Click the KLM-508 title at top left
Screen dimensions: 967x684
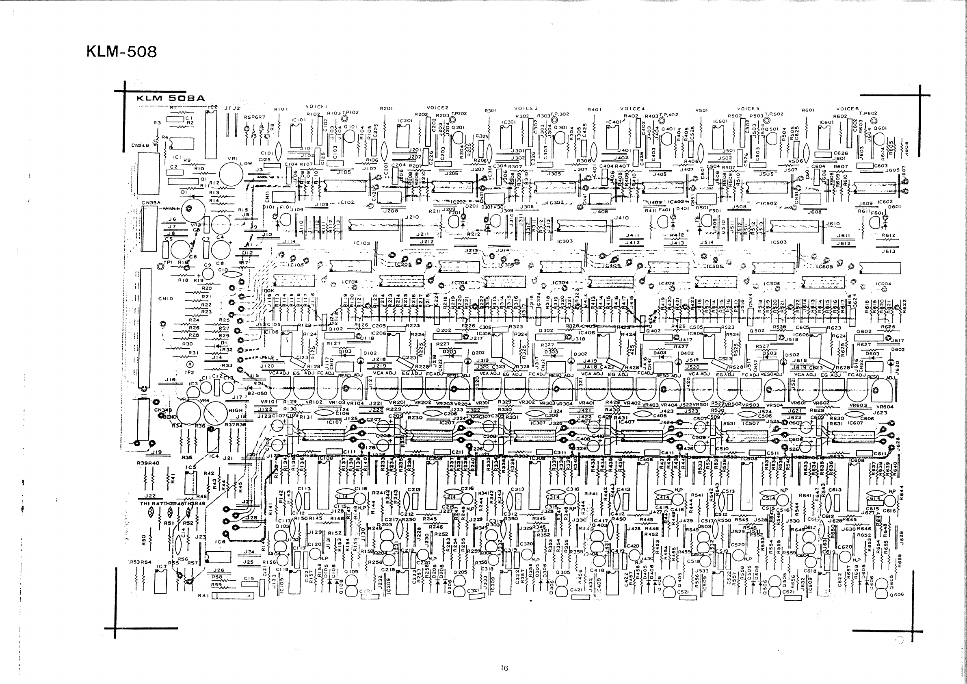[121, 52]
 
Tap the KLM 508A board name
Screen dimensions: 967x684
[170, 98]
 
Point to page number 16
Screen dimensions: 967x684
[504, 668]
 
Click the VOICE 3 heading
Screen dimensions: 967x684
[526, 109]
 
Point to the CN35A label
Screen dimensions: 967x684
[151, 203]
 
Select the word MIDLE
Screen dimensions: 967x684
[172, 208]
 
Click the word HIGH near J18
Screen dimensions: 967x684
[236, 410]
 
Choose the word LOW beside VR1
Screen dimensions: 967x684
[246, 163]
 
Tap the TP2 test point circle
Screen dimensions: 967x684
[190, 364]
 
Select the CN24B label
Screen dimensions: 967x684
[140, 145]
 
